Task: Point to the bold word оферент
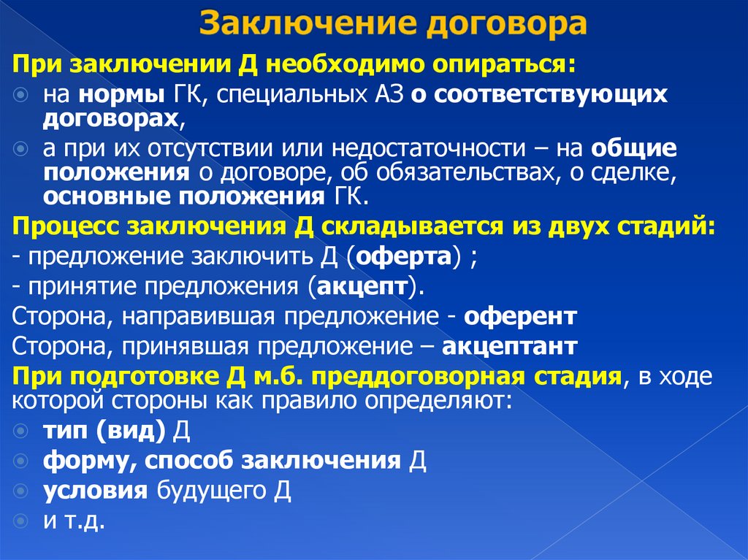click(522, 316)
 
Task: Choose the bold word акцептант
click(509, 345)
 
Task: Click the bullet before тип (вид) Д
click(21, 431)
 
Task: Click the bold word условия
click(95, 491)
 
